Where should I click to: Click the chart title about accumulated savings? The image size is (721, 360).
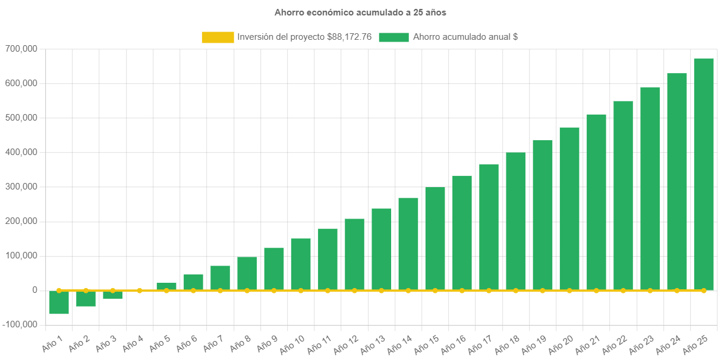coord(360,12)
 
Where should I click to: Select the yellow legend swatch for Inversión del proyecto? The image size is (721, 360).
coord(218,37)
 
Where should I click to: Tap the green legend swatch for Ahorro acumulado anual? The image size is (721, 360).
coord(393,37)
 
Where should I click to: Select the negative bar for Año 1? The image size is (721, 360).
coord(59,302)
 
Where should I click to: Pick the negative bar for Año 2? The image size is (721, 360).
coord(86,299)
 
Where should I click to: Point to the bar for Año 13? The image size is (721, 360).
coord(382,250)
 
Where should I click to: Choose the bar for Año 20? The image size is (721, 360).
coord(569,209)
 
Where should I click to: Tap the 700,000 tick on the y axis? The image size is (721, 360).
coord(21,49)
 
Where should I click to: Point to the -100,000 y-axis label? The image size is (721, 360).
coord(20,324)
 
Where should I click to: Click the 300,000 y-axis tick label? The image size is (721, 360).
coord(21,187)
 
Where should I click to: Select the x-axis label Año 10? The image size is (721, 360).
coord(292,344)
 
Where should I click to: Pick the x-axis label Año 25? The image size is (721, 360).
coord(695,344)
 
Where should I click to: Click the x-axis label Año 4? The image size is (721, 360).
coord(133,343)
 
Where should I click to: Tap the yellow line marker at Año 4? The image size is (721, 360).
coord(140,290)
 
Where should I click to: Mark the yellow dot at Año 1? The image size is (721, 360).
coord(59,290)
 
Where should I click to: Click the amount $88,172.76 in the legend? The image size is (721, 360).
coord(350,37)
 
